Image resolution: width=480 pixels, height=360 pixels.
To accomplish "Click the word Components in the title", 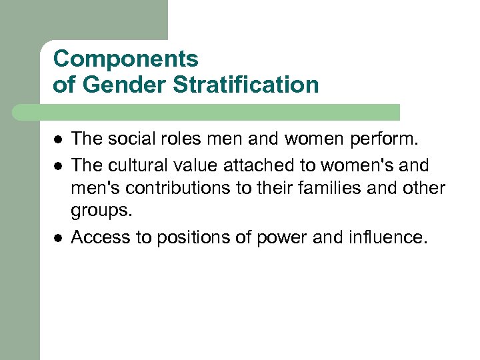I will [x=125, y=59].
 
